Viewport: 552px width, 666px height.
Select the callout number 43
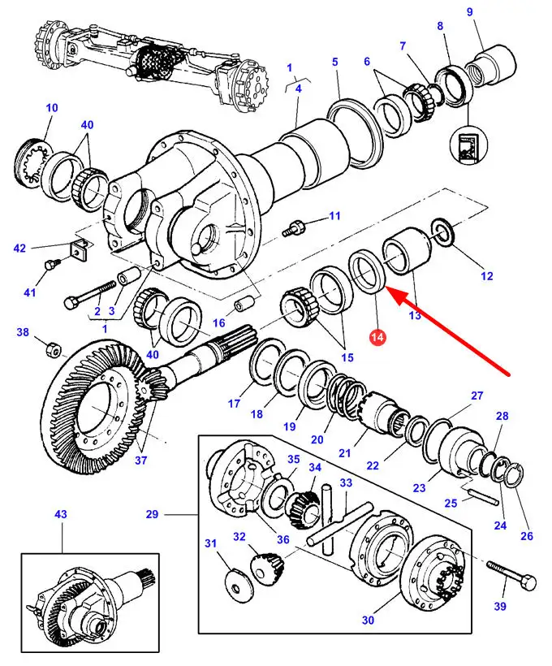click(x=37, y=514)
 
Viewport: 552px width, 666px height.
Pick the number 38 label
click(x=23, y=332)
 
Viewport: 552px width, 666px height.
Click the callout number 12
click(x=486, y=276)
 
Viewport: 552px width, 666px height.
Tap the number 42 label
click(x=20, y=248)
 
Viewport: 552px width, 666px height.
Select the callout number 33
click(x=346, y=482)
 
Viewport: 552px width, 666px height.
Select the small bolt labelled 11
click(x=294, y=227)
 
